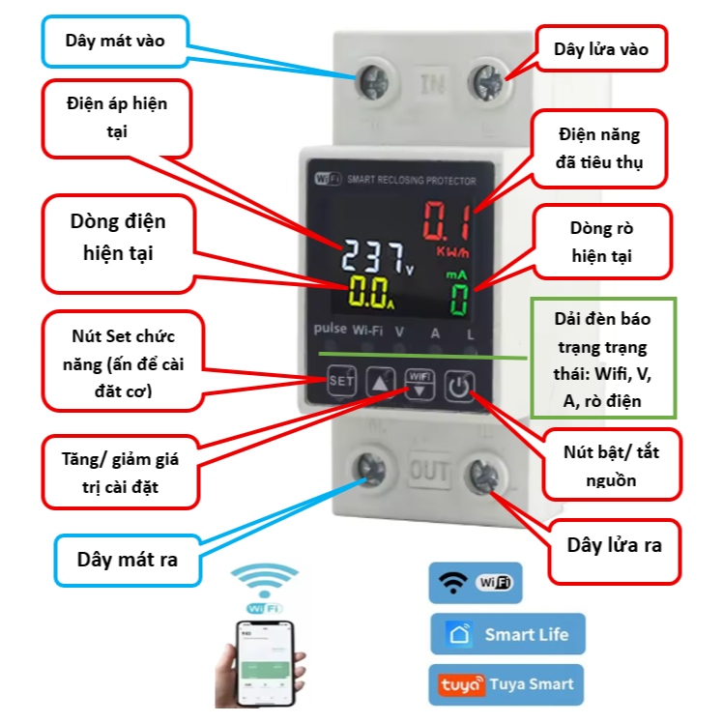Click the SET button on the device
coord(340,381)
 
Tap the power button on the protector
coord(459,388)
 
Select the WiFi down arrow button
coord(417,385)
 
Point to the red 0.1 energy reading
coord(446,221)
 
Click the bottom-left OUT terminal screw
coord(370,468)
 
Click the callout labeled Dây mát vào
coord(115,41)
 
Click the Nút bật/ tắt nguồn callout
coord(611,464)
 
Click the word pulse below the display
coord(330,330)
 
